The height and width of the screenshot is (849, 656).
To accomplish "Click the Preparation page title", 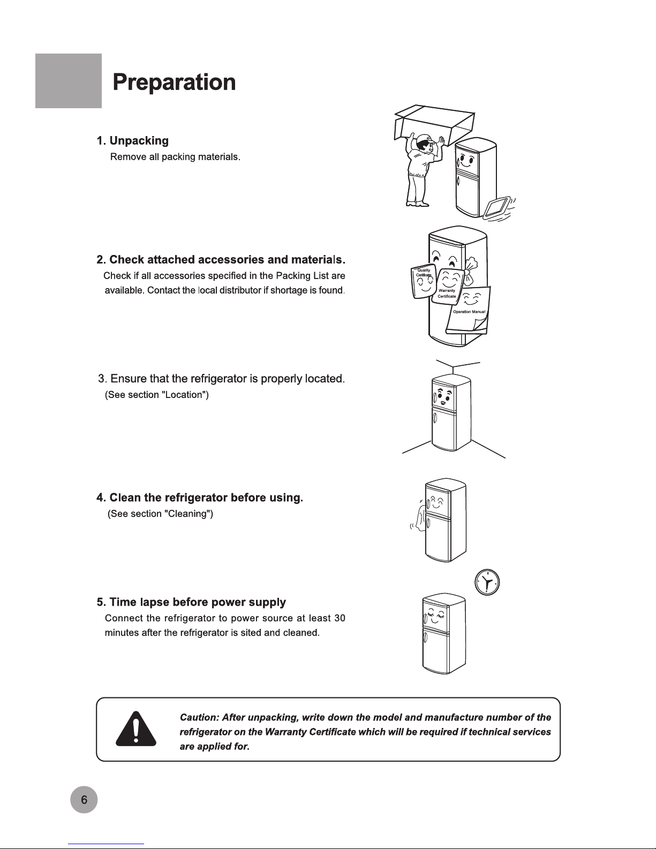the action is point(174,82).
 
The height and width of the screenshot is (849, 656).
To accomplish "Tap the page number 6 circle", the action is point(84,799).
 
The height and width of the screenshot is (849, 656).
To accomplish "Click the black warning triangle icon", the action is point(136,728).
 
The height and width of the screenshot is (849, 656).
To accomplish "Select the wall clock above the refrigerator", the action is point(487,582).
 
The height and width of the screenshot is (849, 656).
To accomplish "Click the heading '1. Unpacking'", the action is point(133,141).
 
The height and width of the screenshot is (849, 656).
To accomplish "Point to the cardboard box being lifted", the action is point(434,124).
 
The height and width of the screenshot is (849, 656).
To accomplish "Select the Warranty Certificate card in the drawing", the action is point(448,285).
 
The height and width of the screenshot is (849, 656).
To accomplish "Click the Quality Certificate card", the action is point(423,281).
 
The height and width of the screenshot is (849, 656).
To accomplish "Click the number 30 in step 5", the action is point(340,618).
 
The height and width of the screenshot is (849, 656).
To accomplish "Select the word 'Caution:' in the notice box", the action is point(199,717).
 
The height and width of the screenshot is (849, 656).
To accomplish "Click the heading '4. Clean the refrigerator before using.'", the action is point(200,498).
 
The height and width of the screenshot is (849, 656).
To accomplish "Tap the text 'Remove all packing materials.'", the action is point(175,156).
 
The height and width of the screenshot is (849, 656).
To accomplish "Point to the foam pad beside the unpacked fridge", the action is point(497,208).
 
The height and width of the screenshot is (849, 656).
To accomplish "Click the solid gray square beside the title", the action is point(69,81).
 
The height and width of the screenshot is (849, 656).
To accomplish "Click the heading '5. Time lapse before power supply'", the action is point(191,602).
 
